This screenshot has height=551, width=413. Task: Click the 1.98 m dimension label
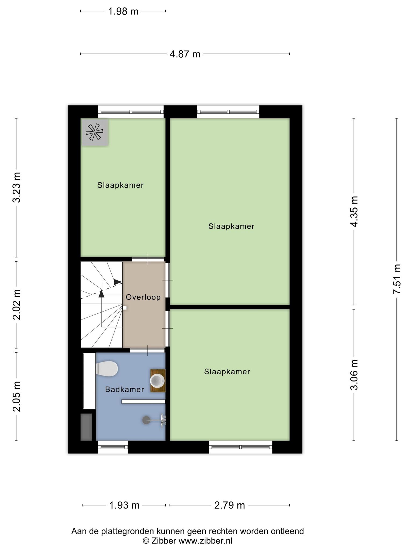[123, 11]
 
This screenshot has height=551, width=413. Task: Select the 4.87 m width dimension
[185, 54]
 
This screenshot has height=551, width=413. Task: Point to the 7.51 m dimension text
[397, 279]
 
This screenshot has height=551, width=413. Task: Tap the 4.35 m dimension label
[354, 211]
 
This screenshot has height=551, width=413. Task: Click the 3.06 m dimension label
[354, 375]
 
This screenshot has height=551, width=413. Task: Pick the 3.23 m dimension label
[17, 187]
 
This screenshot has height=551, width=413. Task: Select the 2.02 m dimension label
[17, 305]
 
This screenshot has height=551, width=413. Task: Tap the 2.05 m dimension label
[17, 397]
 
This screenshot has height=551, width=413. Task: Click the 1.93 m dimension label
[124, 505]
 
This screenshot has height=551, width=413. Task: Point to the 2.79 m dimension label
[230, 505]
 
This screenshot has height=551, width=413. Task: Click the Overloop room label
[143, 297]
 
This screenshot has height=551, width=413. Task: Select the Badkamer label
[124, 389]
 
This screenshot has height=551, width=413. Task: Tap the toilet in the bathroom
[107, 369]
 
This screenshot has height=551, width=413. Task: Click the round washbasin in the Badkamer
[157, 381]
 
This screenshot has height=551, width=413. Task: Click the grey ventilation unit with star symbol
[95, 132]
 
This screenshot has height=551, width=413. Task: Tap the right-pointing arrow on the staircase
[118, 282]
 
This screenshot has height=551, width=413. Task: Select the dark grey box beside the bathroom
[86, 427]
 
